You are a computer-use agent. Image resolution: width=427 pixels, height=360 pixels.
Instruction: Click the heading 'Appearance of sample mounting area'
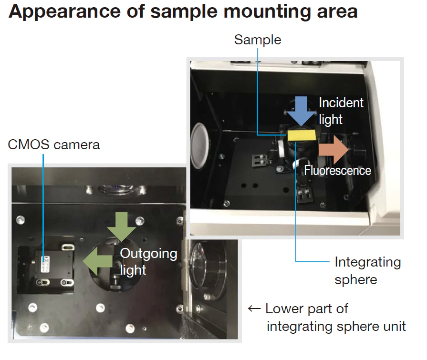pos(183,11)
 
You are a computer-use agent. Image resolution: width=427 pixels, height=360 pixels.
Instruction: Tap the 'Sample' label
pos(257,40)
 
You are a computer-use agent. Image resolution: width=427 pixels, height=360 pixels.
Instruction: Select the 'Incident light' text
pos(341,111)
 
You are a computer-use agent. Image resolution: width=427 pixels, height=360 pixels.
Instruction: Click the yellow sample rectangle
pos(302,135)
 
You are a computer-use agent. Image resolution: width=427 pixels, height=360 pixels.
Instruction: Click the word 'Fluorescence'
pos(337,170)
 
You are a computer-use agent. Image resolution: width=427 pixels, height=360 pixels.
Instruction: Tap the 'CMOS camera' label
pos(54,144)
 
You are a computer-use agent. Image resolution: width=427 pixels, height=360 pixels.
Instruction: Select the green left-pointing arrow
pos(95,261)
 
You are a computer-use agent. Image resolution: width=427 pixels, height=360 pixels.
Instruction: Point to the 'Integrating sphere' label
pos(367,270)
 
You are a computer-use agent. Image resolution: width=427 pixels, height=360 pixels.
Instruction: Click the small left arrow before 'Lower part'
pos(254,309)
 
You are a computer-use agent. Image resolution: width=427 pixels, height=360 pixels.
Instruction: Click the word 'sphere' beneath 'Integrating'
pos(355,278)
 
